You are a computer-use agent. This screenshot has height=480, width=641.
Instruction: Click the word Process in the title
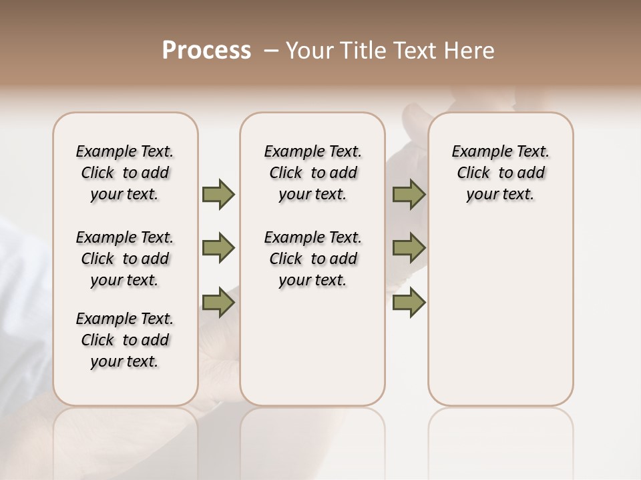pos(206,51)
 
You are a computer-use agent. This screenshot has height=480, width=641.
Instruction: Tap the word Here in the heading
pos(470,51)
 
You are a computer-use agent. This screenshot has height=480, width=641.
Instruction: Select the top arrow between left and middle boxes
pos(218,194)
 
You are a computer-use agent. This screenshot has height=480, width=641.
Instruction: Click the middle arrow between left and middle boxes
pos(218,248)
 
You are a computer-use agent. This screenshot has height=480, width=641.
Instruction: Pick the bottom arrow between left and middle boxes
pos(218,302)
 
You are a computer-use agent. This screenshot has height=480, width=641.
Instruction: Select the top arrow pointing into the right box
pos(409,194)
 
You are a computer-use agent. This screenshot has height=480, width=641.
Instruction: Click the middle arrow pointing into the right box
pos(409,248)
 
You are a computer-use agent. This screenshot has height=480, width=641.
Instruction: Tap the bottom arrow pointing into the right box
pos(409,302)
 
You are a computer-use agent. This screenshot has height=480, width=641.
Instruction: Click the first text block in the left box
pos(125,173)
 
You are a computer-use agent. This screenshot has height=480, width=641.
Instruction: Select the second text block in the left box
pos(125,259)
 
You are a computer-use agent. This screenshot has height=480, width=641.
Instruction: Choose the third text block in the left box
pos(125,340)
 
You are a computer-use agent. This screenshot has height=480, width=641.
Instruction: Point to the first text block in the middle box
pos(312,173)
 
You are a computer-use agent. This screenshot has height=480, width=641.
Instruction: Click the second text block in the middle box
pos(312,259)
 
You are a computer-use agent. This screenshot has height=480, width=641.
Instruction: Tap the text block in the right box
pos(500,173)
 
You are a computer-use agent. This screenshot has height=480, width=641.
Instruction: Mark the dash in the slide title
pos(270,51)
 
